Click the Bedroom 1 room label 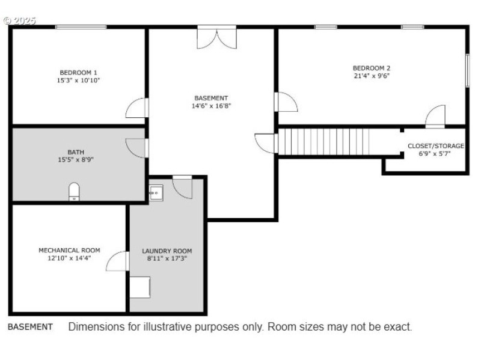tap(78, 72)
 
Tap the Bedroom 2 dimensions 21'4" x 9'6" tap(372, 76)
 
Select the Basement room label tap(211, 98)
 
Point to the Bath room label tap(76, 152)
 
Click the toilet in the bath tap(74, 192)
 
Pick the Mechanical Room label tap(69, 250)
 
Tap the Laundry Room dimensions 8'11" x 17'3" tap(167, 258)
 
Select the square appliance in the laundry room tap(140, 287)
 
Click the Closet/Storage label tap(435, 146)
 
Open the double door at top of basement tap(216, 38)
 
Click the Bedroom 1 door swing tap(137, 108)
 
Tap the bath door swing tap(137, 148)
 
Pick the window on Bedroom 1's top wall tap(81, 27)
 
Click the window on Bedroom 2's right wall tap(467, 70)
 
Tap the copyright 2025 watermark tap(19, 21)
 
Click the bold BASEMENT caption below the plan tap(30, 327)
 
